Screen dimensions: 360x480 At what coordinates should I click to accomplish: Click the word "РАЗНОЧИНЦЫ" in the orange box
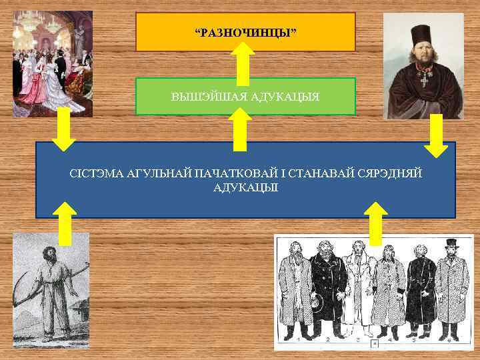click(x=245, y=33)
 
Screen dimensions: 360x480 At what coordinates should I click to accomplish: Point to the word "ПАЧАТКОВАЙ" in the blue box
click(x=231, y=174)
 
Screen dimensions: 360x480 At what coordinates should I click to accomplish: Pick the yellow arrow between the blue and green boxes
click(x=240, y=129)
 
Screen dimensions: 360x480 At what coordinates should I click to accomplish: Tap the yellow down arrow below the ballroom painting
click(x=64, y=130)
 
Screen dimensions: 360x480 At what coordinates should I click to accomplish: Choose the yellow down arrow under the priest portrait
click(x=437, y=136)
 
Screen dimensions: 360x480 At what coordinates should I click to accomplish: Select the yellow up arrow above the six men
click(x=377, y=223)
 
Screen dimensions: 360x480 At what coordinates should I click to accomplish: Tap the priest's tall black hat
click(x=421, y=34)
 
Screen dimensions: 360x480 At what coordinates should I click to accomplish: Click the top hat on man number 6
click(x=451, y=243)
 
